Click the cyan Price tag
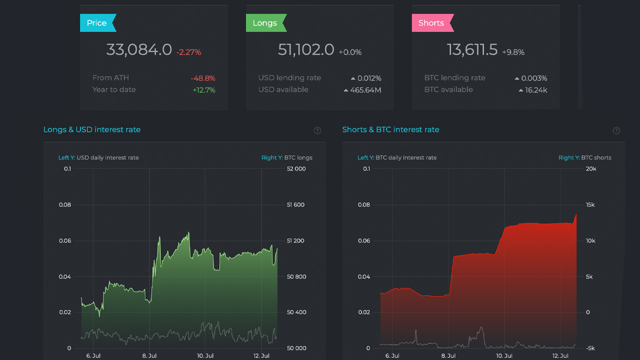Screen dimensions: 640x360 point(98,23)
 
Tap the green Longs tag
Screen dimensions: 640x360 point(266,23)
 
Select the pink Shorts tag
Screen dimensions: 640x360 point(433,23)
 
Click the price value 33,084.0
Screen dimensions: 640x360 point(139,49)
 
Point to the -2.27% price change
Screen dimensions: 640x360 point(188,52)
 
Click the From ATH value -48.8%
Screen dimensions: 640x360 point(203,78)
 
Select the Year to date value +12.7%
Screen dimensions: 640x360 point(204,90)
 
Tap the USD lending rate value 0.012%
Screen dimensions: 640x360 point(369,78)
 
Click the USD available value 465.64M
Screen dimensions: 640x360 point(365,90)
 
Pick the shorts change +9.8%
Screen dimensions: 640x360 point(513,52)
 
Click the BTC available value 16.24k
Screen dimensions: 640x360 point(536,90)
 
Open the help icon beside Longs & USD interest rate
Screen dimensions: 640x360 point(317,130)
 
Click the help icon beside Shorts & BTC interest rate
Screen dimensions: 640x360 point(616,130)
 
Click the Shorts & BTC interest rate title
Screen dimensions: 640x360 point(390,129)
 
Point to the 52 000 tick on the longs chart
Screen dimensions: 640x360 point(296,169)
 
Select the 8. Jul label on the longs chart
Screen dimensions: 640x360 point(149,356)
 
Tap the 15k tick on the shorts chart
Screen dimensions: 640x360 point(590,205)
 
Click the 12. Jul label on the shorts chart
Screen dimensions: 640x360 point(560,356)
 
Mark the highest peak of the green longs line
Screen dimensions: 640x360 point(188,232)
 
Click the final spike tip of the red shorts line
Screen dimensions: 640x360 point(576,214)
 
